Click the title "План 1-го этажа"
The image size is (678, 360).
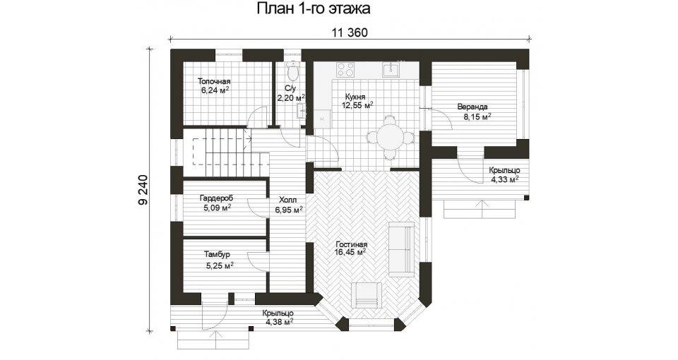click(314, 8)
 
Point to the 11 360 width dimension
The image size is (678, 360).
click(350, 32)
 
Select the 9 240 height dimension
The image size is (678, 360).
click(143, 190)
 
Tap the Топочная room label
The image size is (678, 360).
click(214, 81)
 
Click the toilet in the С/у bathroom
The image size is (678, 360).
click(293, 71)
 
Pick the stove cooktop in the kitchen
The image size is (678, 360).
click(345, 69)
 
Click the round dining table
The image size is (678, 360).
click(391, 138)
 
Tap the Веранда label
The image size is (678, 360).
click(472, 107)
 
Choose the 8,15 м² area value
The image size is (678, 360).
click(477, 116)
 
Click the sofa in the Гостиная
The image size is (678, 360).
click(402, 249)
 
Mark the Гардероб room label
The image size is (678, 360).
click(216, 198)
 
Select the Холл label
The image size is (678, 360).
click(288, 200)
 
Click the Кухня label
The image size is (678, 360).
click(355, 97)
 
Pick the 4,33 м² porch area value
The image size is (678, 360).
click(504, 179)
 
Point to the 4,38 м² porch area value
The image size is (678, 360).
click(280, 322)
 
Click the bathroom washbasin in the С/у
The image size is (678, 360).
click(302, 112)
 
